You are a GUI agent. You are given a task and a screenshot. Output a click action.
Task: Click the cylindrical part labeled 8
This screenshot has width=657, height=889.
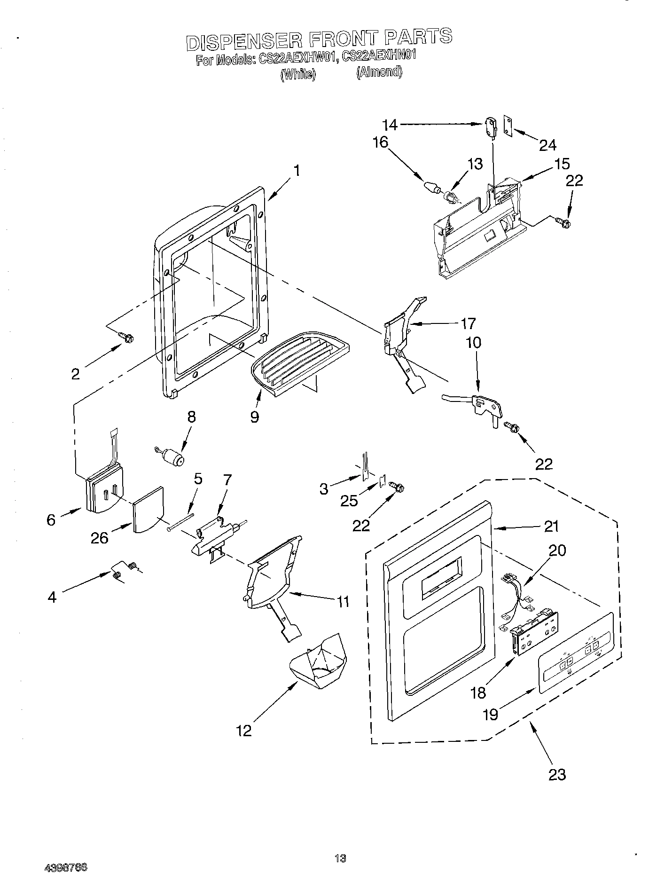(x=174, y=456)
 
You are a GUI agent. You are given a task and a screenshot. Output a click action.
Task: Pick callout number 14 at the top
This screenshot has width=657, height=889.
(x=390, y=125)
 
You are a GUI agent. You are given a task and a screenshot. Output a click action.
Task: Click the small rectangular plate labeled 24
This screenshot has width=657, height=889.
(x=508, y=125)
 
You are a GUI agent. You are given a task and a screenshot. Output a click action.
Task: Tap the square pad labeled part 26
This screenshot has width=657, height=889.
(x=148, y=510)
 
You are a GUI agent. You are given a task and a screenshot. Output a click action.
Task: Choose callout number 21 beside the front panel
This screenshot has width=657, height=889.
(x=551, y=526)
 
